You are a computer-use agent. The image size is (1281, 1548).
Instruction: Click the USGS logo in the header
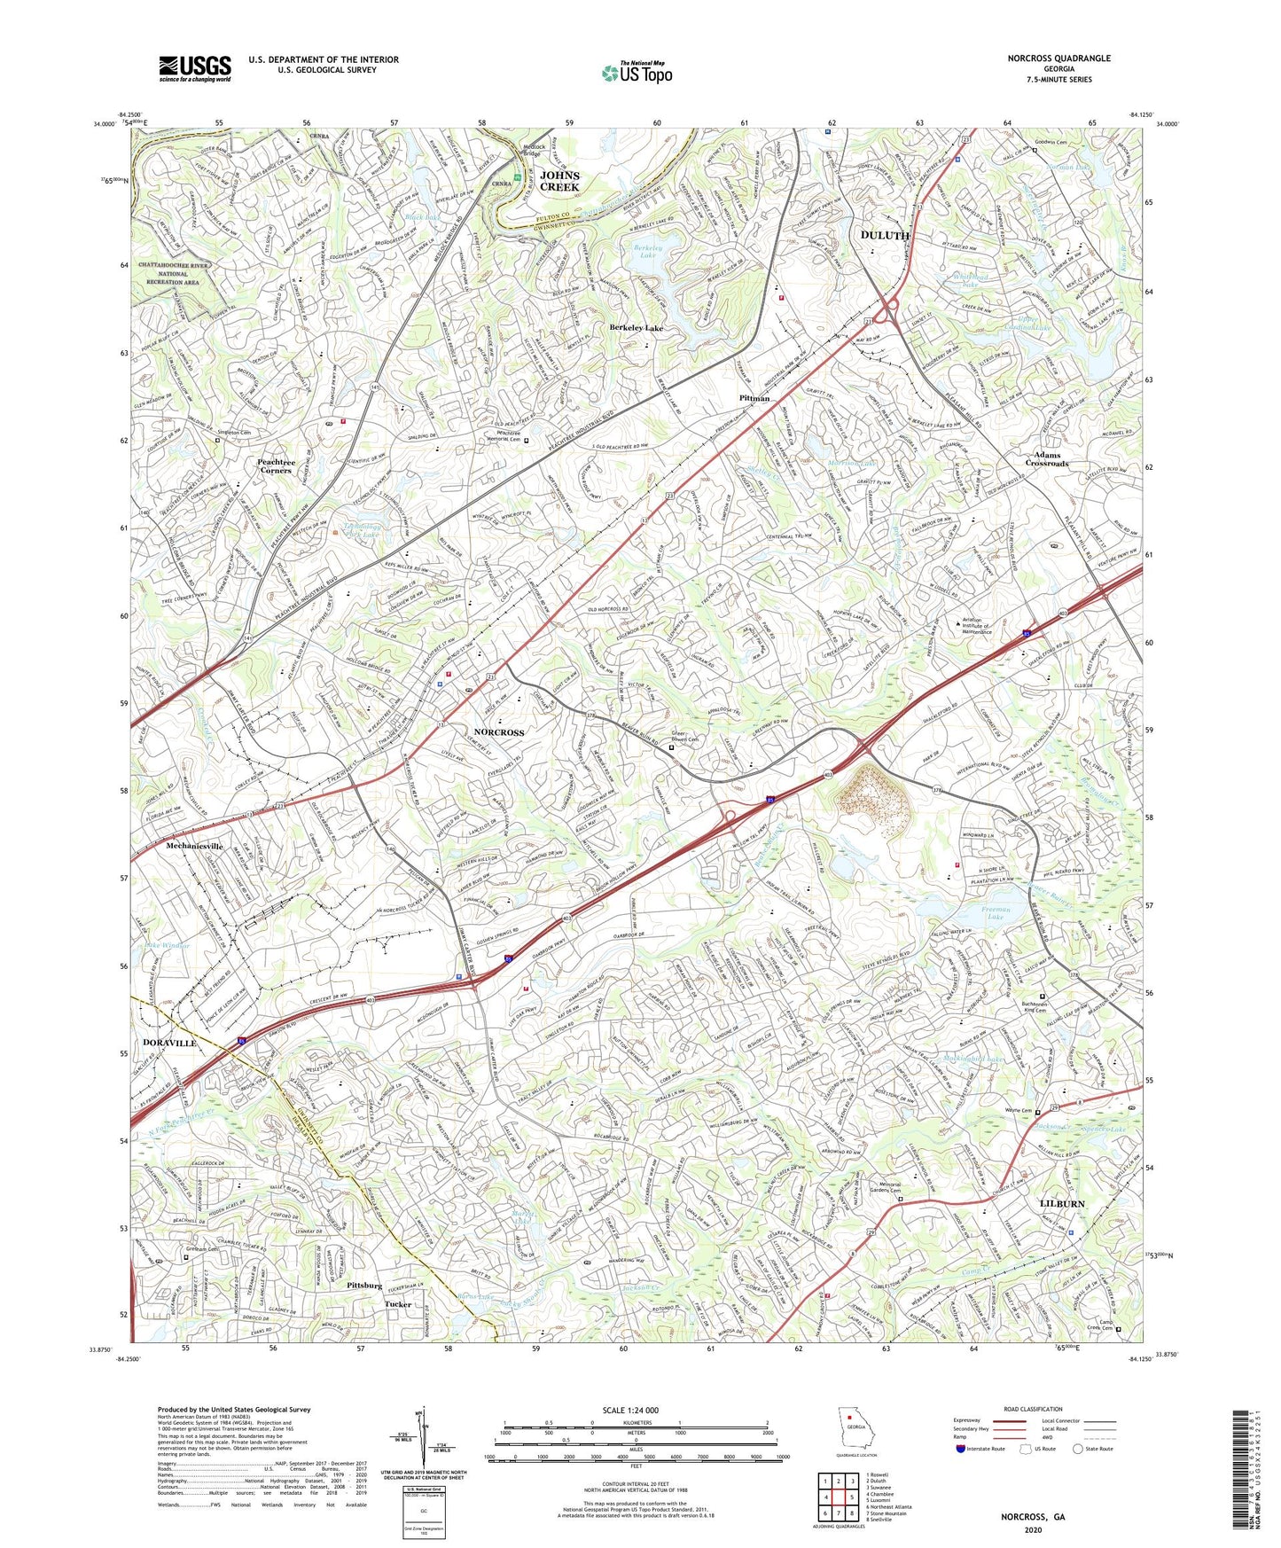tap(195, 68)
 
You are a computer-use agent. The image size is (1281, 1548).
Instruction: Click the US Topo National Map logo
tap(637, 73)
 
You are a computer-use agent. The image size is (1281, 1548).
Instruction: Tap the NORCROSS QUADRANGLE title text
tap(1058, 59)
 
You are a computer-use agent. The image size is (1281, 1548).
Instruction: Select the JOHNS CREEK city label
tap(559, 181)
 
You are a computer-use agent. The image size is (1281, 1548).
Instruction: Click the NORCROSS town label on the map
tap(499, 732)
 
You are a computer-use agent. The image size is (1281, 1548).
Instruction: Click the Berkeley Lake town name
tap(636, 328)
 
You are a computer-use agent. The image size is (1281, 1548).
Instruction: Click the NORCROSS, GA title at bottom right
tap(1033, 1517)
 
